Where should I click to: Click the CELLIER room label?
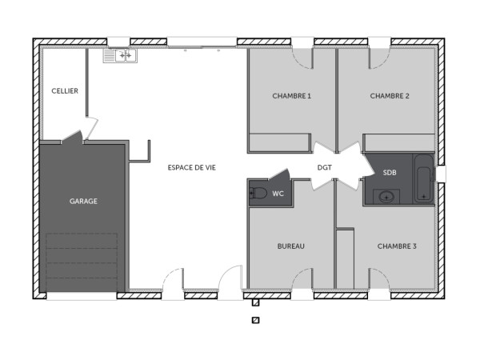[x=65, y=91]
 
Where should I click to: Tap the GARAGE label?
[x=83, y=201]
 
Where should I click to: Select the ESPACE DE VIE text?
[x=191, y=167]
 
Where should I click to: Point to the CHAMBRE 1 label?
[x=291, y=96]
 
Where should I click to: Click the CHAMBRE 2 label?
[x=390, y=96]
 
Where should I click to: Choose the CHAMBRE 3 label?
[x=397, y=246]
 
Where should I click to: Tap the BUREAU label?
[x=291, y=246]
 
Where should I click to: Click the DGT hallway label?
[x=324, y=167]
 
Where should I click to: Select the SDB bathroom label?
[x=390, y=173]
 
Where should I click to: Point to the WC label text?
[x=278, y=194]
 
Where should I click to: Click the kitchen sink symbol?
[x=120, y=55]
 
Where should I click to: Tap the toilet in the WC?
[x=258, y=194]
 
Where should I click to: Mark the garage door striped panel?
[x=82, y=261]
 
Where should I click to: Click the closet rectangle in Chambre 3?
[x=345, y=258]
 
